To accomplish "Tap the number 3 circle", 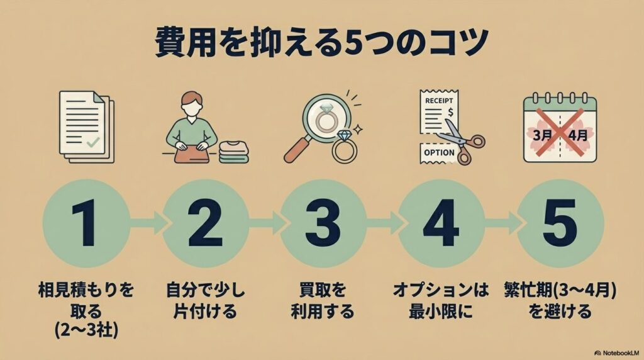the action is [323, 223].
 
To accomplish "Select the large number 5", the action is [559, 223].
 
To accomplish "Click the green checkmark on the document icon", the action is [93, 142].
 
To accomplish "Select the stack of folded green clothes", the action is [233, 152].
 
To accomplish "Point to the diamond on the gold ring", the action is [343, 135].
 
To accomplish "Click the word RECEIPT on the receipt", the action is [439, 101].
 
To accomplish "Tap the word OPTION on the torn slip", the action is [439, 152].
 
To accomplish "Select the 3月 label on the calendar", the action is [541, 135].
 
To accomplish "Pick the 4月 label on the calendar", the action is [578, 135].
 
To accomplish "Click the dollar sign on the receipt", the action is [450, 112].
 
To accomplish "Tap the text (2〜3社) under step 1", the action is [87, 330].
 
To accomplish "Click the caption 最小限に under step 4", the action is [441, 311].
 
